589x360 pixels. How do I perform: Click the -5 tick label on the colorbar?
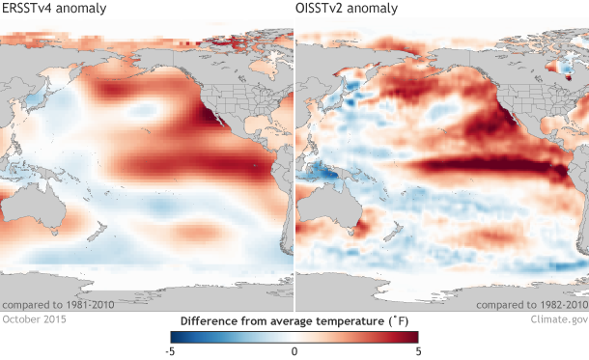170,351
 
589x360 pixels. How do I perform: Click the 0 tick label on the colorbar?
294,351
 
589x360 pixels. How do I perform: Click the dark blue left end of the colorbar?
175,337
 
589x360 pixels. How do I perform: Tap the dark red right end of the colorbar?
413,337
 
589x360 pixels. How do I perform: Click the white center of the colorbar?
294,337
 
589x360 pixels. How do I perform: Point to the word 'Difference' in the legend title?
209,319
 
